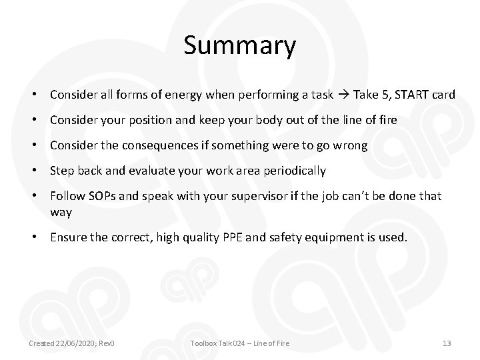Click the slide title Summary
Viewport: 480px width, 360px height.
239,46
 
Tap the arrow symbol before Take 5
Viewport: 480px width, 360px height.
343,95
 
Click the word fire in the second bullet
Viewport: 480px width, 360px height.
387,120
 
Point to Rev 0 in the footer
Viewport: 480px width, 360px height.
107,343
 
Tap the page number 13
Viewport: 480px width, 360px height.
447,343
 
